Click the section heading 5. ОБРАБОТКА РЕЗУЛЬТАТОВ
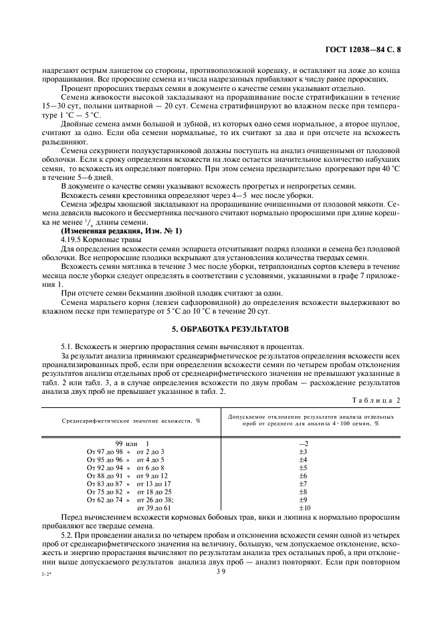221,330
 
